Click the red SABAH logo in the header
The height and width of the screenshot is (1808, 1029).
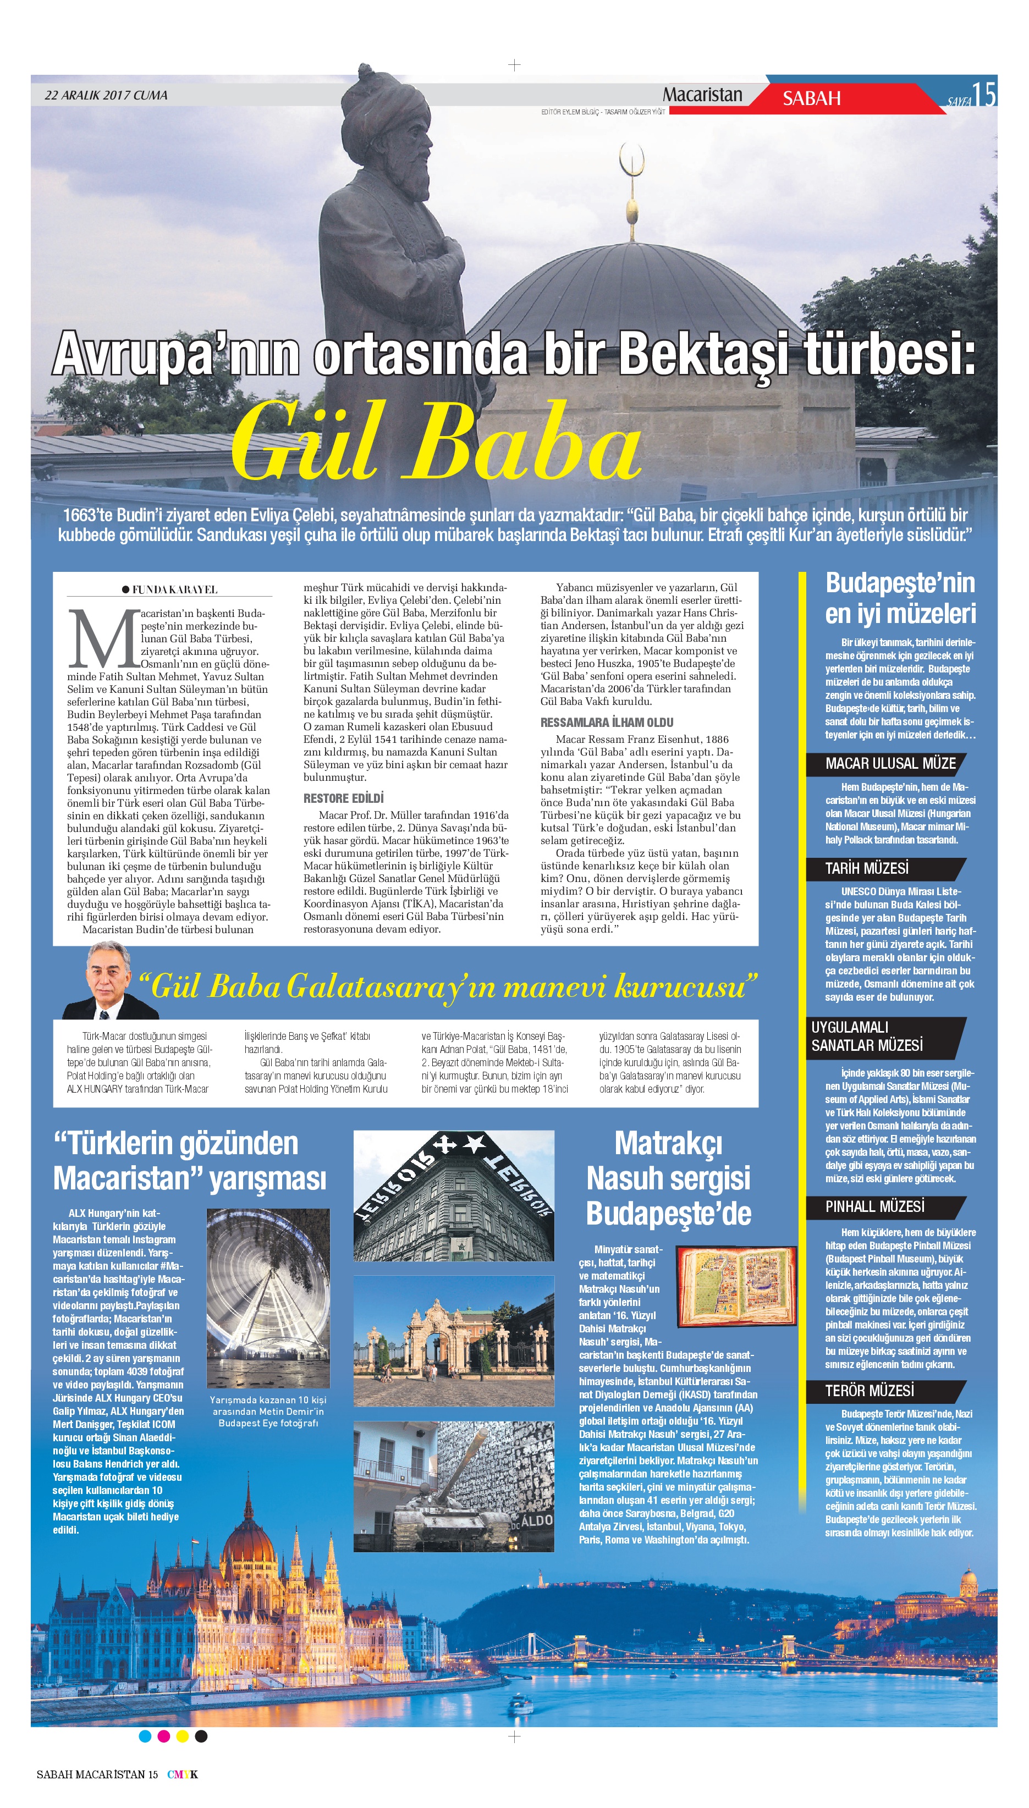tap(811, 98)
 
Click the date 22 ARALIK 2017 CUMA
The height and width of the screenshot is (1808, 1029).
tap(106, 95)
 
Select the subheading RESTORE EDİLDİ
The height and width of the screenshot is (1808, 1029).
tap(344, 798)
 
